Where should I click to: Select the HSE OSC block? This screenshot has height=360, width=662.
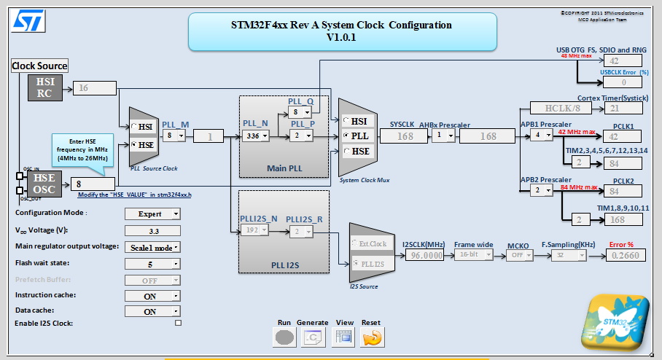[x=44, y=184]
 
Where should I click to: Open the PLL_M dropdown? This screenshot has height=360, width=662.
[x=174, y=136]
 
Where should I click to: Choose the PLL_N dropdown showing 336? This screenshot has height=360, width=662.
[x=255, y=136]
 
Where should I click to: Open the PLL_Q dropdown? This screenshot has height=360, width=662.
[x=300, y=112]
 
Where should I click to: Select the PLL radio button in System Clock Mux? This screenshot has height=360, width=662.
[x=347, y=136]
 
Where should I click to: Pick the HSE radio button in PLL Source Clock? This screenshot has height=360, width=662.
[x=135, y=144]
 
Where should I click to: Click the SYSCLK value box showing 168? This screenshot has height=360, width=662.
[x=405, y=136]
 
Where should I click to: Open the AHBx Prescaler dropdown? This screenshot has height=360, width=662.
[x=441, y=136]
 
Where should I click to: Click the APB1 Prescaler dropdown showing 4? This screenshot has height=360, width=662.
[x=540, y=136]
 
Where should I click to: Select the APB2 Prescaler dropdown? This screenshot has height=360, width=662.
[x=540, y=191]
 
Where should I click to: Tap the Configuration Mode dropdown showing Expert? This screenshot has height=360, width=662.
[x=152, y=214]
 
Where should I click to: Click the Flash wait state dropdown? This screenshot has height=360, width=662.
[x=152, y=263]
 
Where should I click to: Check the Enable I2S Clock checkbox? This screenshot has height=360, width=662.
[x=178, y=323]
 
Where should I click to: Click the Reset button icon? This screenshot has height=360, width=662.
[x=372, y=337]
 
